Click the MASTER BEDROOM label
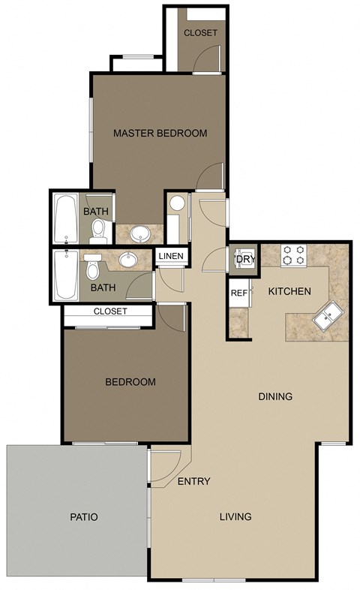coord(160,134)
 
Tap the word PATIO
coord(84,517)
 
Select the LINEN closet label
coord(171,257)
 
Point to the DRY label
coord(245,259)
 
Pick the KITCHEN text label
coord(289,291)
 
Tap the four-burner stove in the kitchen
coord(293,256)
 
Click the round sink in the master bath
coord(139,235)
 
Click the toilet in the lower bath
coord(93,266)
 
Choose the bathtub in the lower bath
coord(66,276)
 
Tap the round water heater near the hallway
coord(177,203)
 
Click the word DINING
coord(275,396)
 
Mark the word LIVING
coord(235,516)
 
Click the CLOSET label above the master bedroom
coord(200,33)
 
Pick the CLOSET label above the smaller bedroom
coord(110,312)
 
